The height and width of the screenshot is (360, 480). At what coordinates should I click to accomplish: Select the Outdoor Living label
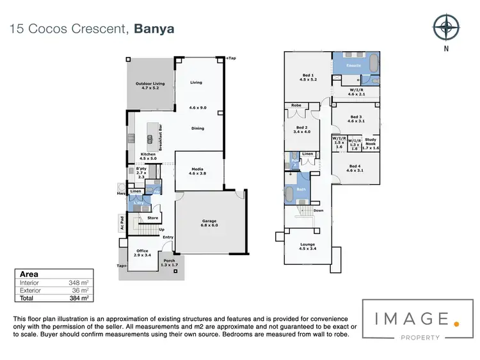click(x=150, y=86)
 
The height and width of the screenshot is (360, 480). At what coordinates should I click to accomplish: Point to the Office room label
click(x=142, y=252)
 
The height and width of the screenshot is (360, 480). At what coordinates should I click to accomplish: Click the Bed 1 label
click(x=307, y=77)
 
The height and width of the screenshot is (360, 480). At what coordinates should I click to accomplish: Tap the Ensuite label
click(x=355, y=66)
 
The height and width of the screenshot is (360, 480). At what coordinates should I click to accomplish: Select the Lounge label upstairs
click(x=308, y=244)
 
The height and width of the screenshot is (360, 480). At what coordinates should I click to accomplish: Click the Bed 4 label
click(x=355, y=168)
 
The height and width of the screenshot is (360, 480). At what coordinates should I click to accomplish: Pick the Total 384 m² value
click(x=78, y=298)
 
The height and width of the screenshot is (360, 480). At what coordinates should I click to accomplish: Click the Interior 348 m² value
click(x=78, y=282)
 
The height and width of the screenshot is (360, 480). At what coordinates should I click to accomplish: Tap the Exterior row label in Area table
click(x=30, y=290)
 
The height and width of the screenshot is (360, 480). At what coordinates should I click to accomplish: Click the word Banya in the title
click(x=154, y=28)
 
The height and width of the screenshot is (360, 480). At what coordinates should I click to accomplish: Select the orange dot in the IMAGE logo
click(x=456, y=324)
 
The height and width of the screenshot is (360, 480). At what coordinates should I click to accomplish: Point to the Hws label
click(x=120, y=193)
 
